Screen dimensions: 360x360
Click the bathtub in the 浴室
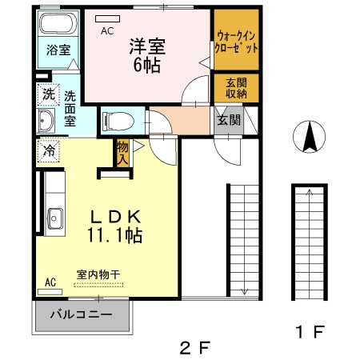point(58,23)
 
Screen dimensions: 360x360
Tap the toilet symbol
point(118,122)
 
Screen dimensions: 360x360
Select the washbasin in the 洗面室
point(46,121)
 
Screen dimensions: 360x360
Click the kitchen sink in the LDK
point(55,218)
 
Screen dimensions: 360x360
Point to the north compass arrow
point(310,137)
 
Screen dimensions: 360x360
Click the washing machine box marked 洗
point(48,94)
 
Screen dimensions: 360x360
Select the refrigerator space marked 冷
point(48,150)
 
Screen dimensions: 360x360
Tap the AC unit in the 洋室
point(107,19)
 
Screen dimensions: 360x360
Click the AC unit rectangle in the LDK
point(50,292)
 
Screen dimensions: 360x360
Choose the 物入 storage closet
point(122,153)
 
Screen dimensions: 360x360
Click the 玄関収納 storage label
point(236,88)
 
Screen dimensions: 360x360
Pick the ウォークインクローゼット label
point(236,42)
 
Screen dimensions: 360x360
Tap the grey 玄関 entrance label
point(229,120)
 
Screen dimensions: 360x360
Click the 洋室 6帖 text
point(147,55)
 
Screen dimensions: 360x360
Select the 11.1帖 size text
point(114,235)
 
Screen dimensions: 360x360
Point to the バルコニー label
point(82,314)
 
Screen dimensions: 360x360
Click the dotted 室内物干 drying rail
point(98,285)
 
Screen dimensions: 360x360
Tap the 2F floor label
point(195,347)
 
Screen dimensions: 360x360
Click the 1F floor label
point(310,332)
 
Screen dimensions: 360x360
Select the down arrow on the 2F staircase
point(244,292)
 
